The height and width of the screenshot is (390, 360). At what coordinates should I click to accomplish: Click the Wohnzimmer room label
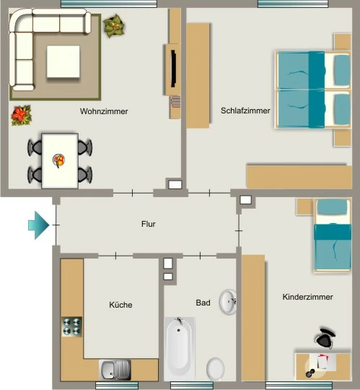[104, 111]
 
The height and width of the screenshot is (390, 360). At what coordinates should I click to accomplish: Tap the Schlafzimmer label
[245, 110]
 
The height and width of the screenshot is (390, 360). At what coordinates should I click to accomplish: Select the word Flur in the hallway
[149, 224]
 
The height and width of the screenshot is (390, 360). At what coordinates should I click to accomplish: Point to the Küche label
[120, 305]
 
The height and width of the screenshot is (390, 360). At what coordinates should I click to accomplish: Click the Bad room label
[203, 303]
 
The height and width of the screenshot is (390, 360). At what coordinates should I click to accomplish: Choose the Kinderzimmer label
[307, 297]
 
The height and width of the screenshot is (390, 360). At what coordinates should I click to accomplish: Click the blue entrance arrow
[39, 225]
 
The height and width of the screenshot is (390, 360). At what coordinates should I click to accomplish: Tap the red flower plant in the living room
[22, 115]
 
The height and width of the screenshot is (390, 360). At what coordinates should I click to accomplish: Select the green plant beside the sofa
[114, 25]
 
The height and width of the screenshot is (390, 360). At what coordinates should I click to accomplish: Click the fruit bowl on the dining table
[59, 160]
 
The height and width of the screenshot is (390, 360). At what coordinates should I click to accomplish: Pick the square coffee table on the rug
[63, 61]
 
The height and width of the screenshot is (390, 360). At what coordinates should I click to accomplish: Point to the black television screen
[173, 68]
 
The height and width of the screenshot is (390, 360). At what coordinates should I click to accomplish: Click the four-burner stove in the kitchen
[71, 327]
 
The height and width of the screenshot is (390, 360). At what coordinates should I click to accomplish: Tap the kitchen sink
[115, 370]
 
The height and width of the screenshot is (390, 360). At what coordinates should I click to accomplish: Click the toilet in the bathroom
[216, 369]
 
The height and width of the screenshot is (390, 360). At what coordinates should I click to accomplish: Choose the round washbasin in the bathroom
[228, 302]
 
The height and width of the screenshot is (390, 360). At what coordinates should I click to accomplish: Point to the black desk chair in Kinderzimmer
[325, 338]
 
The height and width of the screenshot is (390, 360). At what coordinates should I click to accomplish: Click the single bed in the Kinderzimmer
[333, 235]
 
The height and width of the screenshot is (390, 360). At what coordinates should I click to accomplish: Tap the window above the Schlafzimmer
[293, 4]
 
